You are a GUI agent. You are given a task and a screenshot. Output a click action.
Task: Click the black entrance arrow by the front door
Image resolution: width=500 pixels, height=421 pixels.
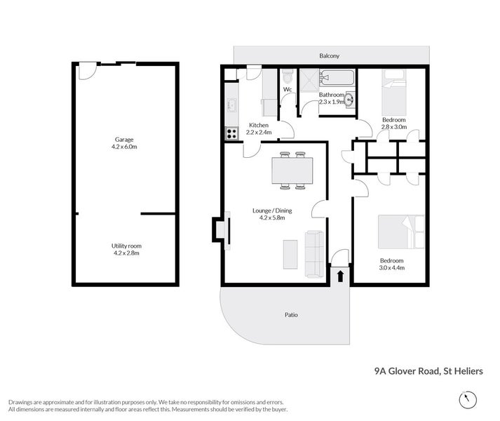340,276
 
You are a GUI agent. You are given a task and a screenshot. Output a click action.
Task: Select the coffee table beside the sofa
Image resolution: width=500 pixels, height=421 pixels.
290,254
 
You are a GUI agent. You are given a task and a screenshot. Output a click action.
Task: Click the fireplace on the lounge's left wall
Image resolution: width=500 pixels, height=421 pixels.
219,231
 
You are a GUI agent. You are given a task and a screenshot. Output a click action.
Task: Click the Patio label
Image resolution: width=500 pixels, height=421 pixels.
290,314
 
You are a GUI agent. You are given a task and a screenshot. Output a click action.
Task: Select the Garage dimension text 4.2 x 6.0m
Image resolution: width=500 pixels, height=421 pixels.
126,147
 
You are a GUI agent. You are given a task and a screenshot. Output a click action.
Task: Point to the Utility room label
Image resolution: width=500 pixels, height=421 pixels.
126,246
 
